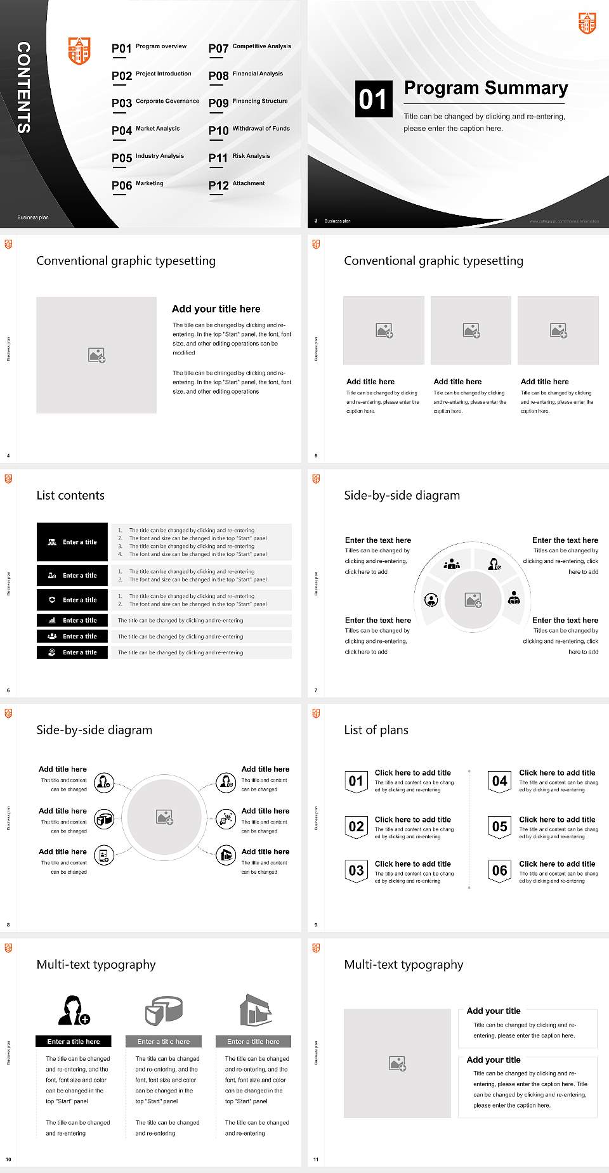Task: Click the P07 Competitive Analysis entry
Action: click(249, 48)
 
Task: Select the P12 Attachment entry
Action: click(237, 185)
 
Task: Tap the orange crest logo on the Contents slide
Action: click(79, 51)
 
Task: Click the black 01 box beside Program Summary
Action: click(373, 99)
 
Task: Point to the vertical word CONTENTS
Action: click(23, 87)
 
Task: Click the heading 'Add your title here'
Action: click(216, 309)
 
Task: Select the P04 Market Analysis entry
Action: click(146, 130)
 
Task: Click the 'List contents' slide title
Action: click(70, 495)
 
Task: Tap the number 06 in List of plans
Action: click(500, 871)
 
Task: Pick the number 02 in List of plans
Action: click(357, 826)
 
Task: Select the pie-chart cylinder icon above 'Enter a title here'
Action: click(164, 1009)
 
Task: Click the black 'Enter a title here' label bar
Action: click(74, 1041)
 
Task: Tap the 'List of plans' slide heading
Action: click(376, 730)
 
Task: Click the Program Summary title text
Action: click(486, 88)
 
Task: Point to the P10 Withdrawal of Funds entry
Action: click(249, 130)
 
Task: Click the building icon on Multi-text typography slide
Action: click(256, 1009)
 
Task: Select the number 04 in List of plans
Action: click(500, 781)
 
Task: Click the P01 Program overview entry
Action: click(149, 48)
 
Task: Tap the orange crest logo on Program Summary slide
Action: click(587, 23)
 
